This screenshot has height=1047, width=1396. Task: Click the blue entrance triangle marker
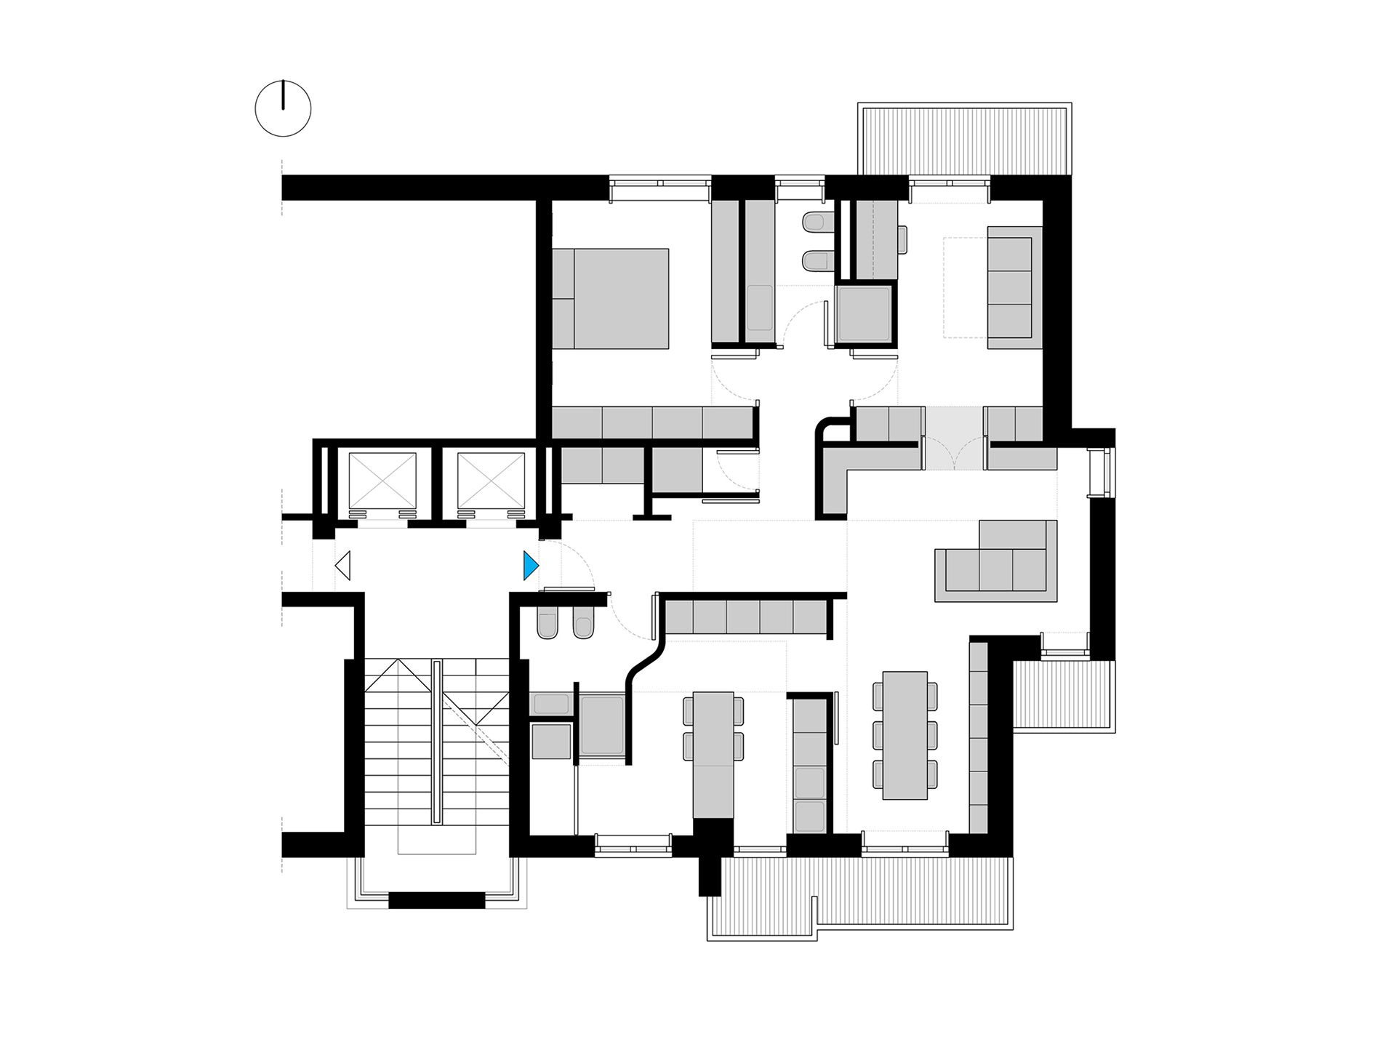[x=531, y=566]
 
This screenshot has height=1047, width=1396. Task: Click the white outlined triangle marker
[x=343, y=566]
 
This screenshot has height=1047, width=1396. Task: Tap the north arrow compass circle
[x=283, y=109]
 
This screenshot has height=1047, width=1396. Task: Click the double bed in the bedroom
[x=611, y=298]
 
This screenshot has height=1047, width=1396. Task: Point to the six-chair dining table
[x=905, y=734]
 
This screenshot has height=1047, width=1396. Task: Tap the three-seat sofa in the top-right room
[x=1010, y=281]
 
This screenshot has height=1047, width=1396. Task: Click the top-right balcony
[x=964, y=138]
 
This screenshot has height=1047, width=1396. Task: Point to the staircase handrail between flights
[x=436, y=742]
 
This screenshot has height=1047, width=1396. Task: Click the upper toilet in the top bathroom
[x=817, y=222]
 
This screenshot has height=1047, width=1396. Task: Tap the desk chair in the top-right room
[x=902, y=240]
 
